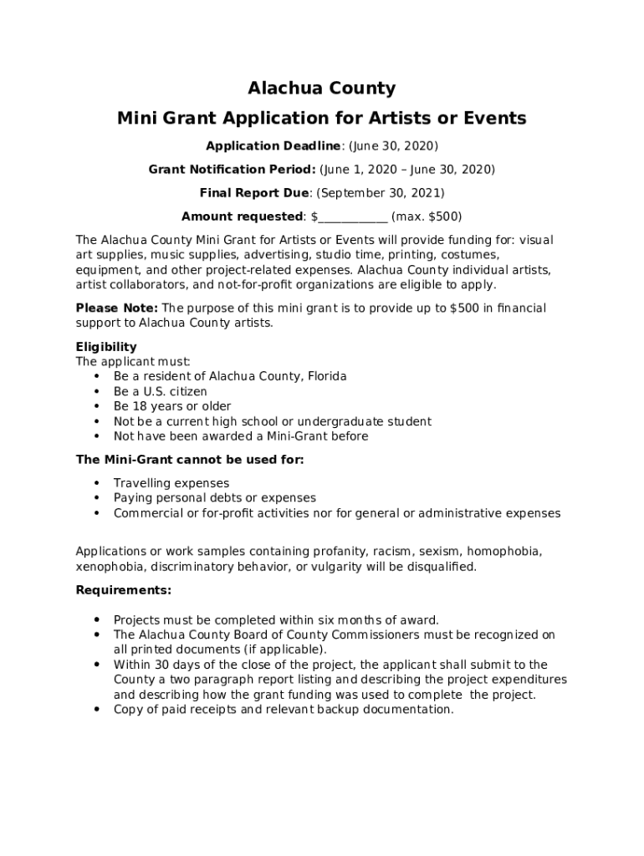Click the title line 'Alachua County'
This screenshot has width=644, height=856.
[322, 89]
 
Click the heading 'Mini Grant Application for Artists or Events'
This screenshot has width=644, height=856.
[322, 118]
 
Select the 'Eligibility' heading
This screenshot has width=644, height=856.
[106, 347]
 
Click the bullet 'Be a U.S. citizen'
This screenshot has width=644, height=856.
[161, 391]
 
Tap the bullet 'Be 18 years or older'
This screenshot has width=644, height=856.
[172, 406]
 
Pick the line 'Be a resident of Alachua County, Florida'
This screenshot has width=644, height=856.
[230, 376]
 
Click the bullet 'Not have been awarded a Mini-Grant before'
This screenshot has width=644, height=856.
[241, 436]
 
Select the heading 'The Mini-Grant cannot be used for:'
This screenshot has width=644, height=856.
[190, 460]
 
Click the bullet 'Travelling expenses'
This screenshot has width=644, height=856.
[171, 483]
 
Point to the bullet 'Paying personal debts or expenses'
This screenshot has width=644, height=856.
[215, 498]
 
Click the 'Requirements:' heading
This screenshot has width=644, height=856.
[124, 590]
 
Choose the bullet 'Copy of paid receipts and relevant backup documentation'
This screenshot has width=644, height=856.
[284, 710]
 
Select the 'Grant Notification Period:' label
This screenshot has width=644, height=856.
[232, 170]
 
